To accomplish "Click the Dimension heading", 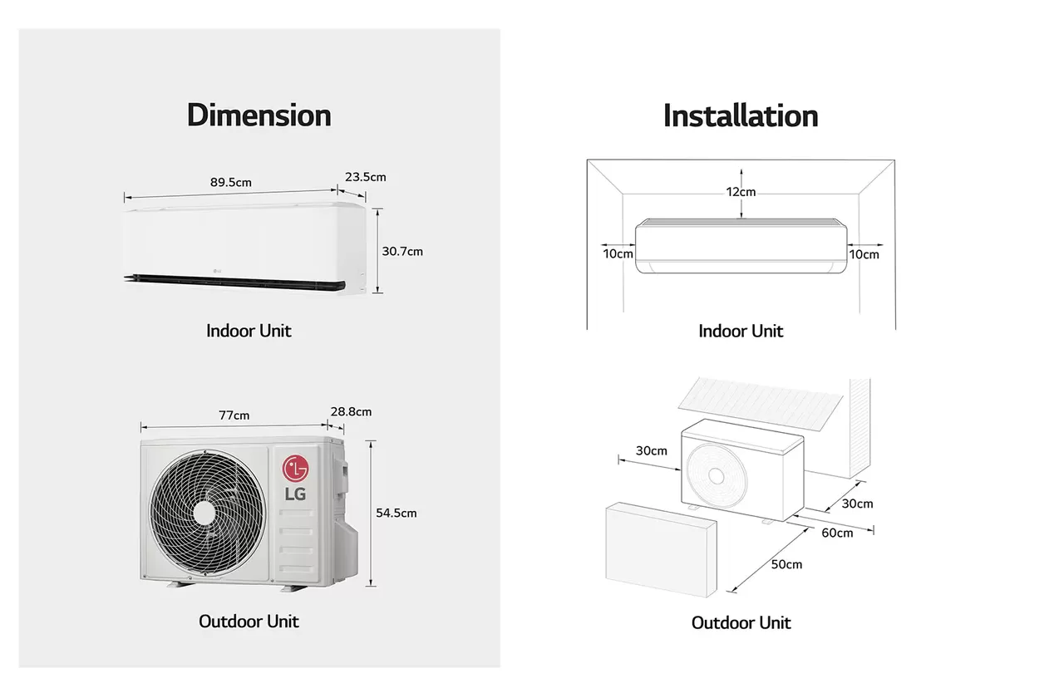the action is pyautogui.click(x=259, y=115).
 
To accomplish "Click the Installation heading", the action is pyautogui.click(x=741, y=115).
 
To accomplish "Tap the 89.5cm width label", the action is pyautogui.click(x=231, y=183).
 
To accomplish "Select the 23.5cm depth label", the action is pyautogui.click(x=366, y=177).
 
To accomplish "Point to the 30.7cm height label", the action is pyautogui.click(x=402, y=252).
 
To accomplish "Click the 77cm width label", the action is pyautogui.click(x=234, y=415).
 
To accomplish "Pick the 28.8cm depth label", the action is pyautogui.click(x=351, y=411).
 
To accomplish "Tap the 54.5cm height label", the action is pyautogui.click(x=397, y=513).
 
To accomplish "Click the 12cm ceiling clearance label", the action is pyautogui.click(x=741, y=192).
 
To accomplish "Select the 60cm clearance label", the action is pyautogui.click(x=837, y=533).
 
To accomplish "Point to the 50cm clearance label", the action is pyautogui.click(x=786, y=565).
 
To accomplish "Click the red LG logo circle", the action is pyautogui.click(x=295, y=469).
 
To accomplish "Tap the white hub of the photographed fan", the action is pyautogui.click(x=204, y=513).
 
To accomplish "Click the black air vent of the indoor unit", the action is pyautogui.click(x=235, y=283).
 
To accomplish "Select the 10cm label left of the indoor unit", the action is pyautogui.click(x=618, y=254).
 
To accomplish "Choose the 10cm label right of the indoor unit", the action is pyautogui.click(x=864, y=255).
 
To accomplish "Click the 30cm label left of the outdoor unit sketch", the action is pyautogui.click(x=652, y=451).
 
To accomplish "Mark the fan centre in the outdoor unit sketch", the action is pyautogui.click(x=717, y=476).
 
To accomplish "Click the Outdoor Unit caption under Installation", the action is pyautogui.click(x=741, y=623).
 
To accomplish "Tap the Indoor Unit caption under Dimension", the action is pyautogui.click(x=249, y=331).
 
